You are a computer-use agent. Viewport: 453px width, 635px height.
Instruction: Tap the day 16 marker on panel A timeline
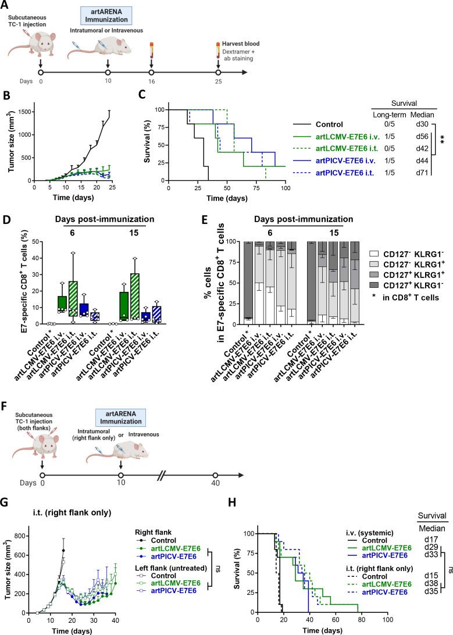click(151, 72)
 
